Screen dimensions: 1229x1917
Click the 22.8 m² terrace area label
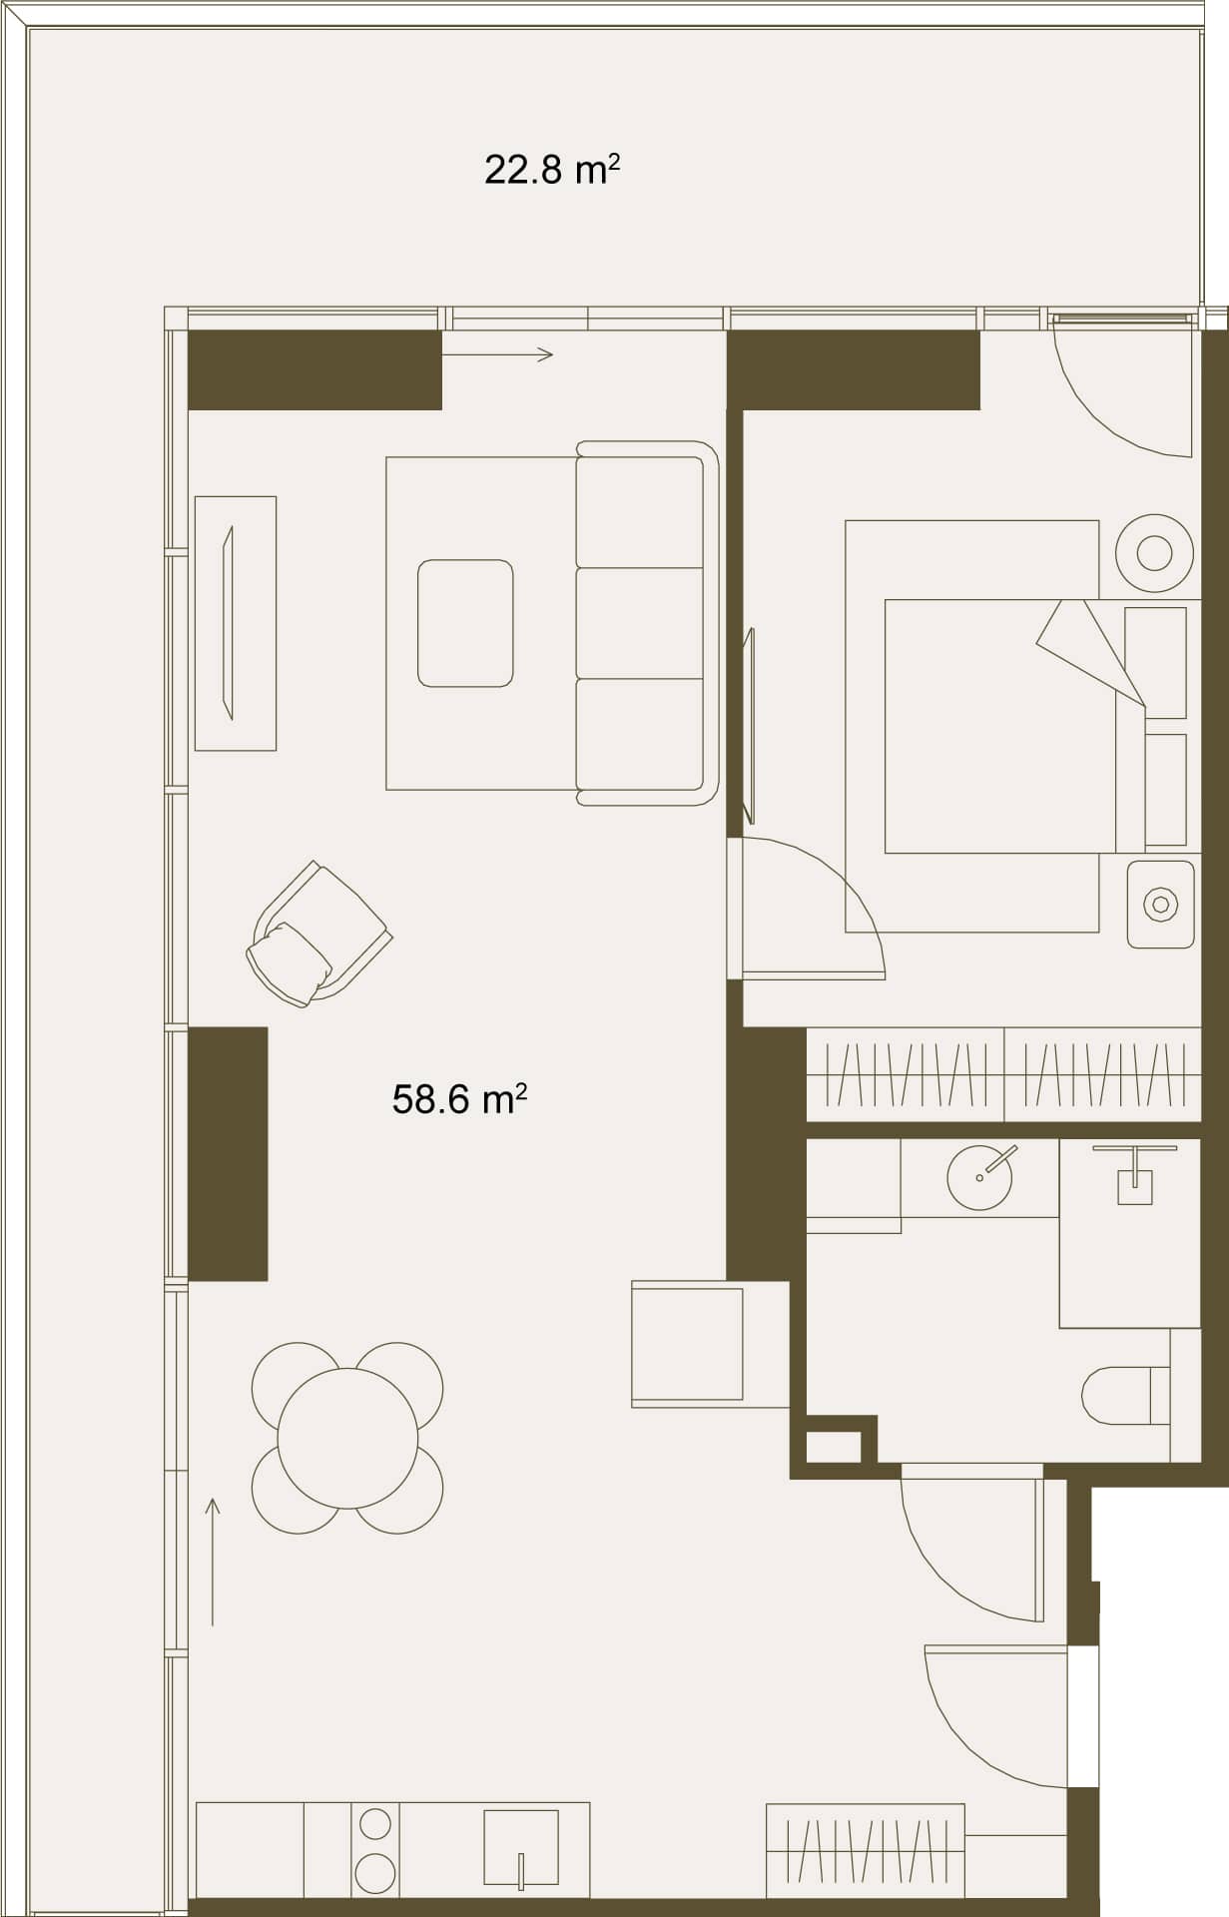(x=552, y=170)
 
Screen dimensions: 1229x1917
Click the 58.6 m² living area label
(x=459, y=1099)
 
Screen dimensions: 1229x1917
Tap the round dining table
(x=347, y=1438)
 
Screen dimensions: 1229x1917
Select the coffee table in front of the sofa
(x=465, y=623)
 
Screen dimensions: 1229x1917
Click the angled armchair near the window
(x=318, y=935)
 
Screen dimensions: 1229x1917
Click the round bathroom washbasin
(x=979, y=1177)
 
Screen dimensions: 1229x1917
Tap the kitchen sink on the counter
(x=520, y=1846)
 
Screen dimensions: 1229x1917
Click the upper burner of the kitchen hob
(x=375, y=1824)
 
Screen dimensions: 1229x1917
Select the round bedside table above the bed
(x=1154, y=552)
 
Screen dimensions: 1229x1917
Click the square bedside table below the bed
(x=1160, y=905)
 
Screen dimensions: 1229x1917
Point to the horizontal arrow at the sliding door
(x=497, y=353)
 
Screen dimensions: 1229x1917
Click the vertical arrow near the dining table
(x=213, y=1562)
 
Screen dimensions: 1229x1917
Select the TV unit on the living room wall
(x=236, y=623)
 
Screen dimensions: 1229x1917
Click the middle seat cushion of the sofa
(x=640, y=623)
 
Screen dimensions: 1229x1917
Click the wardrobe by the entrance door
(x=866, y=1849)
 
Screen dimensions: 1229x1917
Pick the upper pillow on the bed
(x=1155, y=661)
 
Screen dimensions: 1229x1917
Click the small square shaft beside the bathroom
(x=834, y=1447)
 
